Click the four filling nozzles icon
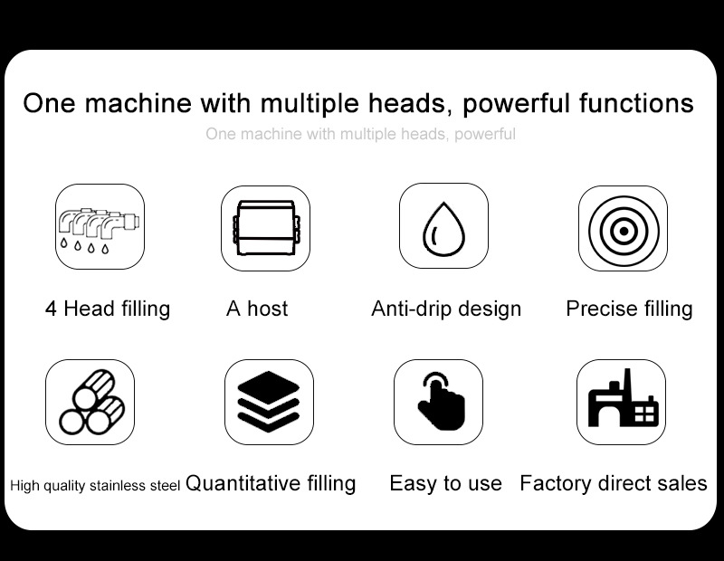coord(100,231)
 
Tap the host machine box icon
coord(265,228)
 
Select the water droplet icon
coord(443,229)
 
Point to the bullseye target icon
coord(624,231)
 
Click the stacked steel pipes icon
coord(92,402)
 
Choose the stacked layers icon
coord(269,402)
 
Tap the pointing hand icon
coord(442,401)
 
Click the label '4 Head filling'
coord(108,309)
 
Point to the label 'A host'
coord(257,309)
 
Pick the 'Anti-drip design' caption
coord(446,309)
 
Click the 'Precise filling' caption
coord(629,309)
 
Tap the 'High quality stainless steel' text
coord(95,485)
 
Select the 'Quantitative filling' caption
coord(271,483)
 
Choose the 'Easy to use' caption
coord(445,483)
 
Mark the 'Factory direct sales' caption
coord(614,483)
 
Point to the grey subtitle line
coord(360,134)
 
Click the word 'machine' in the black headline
coord(138,102)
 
